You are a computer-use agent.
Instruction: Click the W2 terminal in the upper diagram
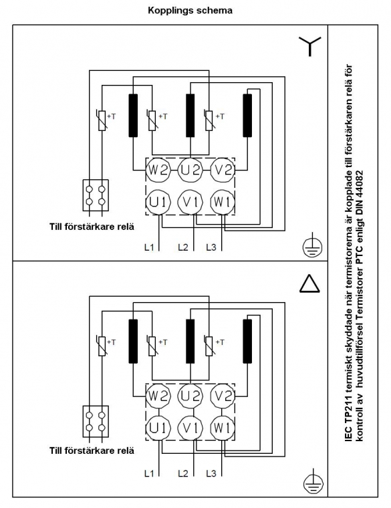[158, 170]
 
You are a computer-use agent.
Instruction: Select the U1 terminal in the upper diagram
[158, 202]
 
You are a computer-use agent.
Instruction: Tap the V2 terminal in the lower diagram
[223, 396]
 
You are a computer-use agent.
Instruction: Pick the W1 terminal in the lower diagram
[223, 428]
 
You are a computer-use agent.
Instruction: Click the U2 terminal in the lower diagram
[190, 396]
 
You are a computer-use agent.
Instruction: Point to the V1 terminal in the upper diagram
[190, 202]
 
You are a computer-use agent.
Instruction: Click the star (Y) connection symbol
[310, 46]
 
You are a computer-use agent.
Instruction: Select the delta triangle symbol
[310, 284]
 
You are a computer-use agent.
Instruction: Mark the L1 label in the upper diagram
[149, 247]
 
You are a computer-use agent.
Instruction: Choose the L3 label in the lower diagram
[211, 473]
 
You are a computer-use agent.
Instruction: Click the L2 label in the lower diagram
[183, 473]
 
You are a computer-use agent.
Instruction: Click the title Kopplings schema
[190, 11]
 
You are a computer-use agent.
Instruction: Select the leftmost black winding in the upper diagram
[133, 116]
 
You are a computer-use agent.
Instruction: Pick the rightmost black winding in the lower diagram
[247, 341]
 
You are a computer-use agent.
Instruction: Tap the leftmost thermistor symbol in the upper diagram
[102, 120]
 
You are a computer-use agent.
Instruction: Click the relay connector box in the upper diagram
[95, 195]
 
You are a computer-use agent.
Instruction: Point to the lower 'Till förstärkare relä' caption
[92, 451]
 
